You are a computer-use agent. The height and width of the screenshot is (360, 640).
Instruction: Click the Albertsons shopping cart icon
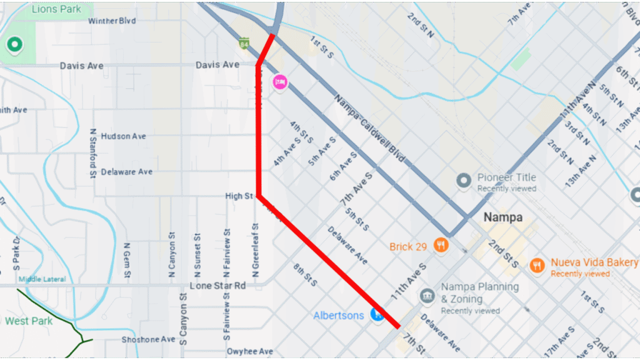pyautogui.click(x=377, y=314)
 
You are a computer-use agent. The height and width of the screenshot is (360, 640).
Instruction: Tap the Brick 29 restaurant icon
pyautogui.click(x=442, y=246)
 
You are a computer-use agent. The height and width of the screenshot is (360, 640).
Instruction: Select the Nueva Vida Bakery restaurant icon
pyautogui.click(x=537, y=265)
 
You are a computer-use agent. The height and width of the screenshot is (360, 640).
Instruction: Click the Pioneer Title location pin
pyautogui.click(x=463, y=181)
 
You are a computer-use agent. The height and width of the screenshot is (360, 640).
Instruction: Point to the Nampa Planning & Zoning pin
pyautogui.click(x=427, y=294)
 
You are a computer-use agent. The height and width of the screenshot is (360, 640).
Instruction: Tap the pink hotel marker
pyautogui.click(x=280, y=81)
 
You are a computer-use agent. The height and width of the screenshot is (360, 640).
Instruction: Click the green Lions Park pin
pyautogui.click(x=13, y=45)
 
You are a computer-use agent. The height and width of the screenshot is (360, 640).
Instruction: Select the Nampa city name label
pyautogui.click(x=503, y=218)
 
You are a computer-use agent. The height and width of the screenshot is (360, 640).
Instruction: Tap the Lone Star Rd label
pyautogui.click(x=217, y=286)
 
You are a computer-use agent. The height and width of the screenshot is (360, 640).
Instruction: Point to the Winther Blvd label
pyautogui.click(x=111, y=21)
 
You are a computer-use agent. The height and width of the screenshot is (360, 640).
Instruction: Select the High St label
pyautogui.click(x=239, y=196)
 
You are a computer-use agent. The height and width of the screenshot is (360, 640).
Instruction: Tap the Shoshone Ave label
pyautogui.click(x=149, y=339)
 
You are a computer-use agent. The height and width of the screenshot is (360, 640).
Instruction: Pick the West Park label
pyautogui.click(x=29, y=321)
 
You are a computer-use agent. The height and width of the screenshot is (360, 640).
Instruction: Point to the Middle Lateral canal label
pyautogui.click(x=42, y=279)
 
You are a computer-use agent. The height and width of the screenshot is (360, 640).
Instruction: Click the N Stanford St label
pyautogui.click(x=92, y=153)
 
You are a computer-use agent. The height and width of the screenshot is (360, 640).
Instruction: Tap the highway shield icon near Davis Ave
pyautogui.click(x=244, y=43)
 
